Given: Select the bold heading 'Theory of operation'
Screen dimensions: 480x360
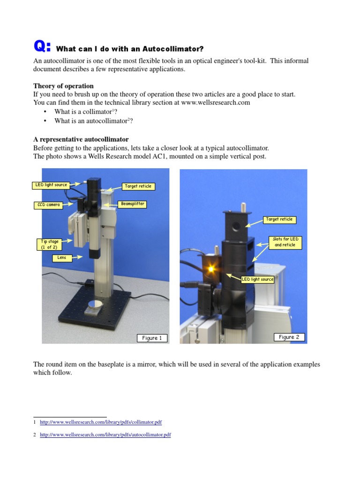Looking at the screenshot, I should [63, 86].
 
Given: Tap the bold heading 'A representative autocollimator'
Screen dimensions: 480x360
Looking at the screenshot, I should [81, 140].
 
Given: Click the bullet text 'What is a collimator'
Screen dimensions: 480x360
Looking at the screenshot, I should [82, 112].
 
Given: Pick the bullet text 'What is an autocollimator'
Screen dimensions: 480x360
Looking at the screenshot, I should [91, 121].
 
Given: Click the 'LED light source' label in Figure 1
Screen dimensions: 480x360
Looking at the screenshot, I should [52, 185].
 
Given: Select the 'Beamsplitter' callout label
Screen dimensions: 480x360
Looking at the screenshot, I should [133, 204].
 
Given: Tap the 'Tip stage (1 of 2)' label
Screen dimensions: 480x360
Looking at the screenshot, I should [50, 244].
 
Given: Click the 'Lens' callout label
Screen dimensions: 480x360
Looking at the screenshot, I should [62, 258].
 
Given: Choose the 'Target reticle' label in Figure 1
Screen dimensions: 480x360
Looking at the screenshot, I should [138, 186].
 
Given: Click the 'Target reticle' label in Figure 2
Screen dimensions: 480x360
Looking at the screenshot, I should [279, 219].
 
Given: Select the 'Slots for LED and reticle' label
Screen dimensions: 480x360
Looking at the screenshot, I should [285, 242].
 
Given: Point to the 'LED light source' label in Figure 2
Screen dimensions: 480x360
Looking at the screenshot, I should [257, 279].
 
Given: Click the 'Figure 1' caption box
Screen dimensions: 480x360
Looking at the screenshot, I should [152, 338].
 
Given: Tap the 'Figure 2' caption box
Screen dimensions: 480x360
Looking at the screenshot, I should [289, 337].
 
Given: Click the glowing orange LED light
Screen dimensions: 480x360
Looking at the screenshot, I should [212, 270].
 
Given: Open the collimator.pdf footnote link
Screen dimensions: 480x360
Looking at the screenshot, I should [101, 422].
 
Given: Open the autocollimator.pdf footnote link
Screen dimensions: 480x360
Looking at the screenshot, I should [105, 435].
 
